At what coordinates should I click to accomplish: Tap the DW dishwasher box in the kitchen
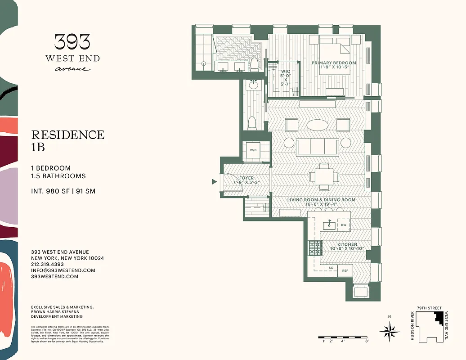[x=344, y=225]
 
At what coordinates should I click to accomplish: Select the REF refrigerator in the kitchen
[x=345, y=270]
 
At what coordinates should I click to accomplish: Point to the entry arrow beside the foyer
[x=215, y=182]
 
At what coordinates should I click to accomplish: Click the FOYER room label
[x=246, y=178]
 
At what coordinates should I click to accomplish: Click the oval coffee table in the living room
[x=317, y=125]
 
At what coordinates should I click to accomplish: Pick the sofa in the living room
[x=318, y=146]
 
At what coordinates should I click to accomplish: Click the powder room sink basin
[x=253, y=84]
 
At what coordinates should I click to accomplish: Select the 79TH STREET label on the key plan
[x=429, y=307]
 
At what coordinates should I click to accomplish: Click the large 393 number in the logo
[x=72, y=42]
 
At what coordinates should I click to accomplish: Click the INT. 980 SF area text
[x=63, y=191]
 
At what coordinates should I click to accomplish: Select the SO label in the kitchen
[x=331, y=268]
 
